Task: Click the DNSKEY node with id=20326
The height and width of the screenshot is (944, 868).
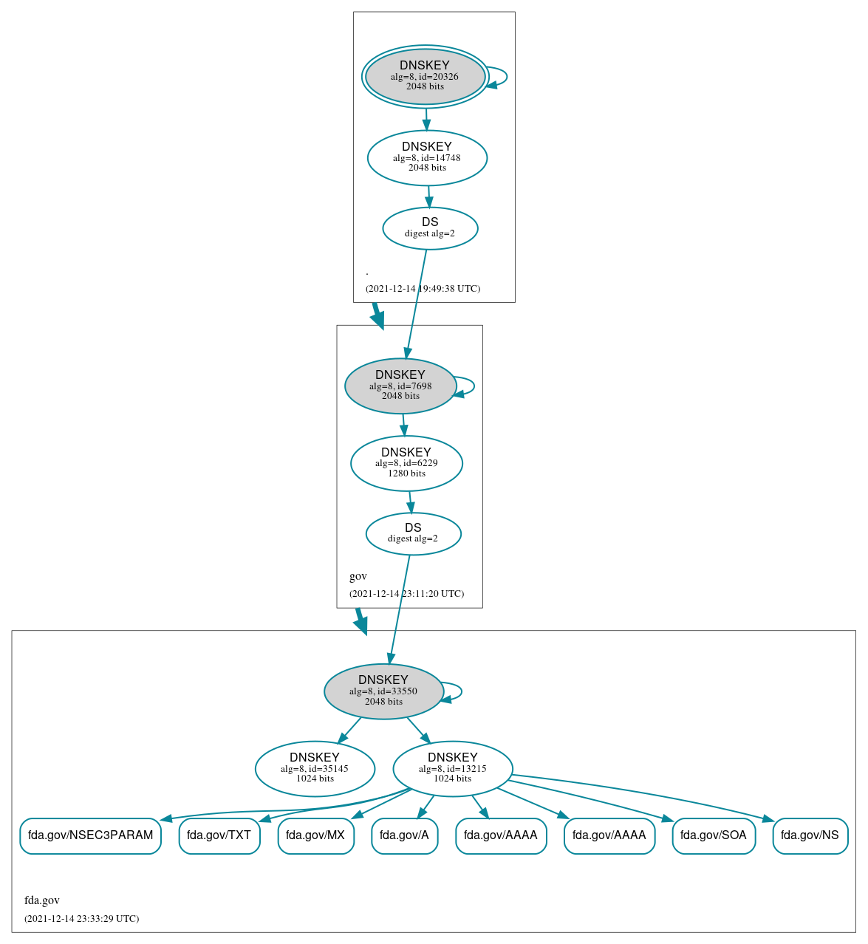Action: [425, 76]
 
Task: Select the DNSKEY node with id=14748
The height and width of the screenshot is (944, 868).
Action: [427, 157]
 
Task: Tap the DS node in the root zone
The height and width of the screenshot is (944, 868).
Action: [430, 228]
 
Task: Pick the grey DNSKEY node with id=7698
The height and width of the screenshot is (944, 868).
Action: [400, 386]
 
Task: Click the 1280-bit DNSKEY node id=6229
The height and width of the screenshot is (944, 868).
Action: [406, 463]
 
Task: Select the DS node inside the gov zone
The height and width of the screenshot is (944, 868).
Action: [413, 533]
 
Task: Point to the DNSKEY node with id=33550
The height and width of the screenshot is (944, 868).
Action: [383, 691]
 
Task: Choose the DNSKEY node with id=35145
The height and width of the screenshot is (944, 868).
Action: [315, 769]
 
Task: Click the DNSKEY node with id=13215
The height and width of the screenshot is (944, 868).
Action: [453, 769]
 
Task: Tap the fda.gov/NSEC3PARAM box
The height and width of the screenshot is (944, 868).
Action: [90, 835]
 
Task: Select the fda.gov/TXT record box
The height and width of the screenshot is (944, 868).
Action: [219, 835]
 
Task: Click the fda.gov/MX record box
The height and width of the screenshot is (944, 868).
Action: [315, 835]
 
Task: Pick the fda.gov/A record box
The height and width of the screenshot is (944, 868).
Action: [404, 835]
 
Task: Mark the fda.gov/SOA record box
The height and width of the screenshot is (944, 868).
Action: [714, 835]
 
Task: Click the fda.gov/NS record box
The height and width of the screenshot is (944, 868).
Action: [810, 835]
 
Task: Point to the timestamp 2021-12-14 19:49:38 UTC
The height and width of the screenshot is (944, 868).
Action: [423, 289]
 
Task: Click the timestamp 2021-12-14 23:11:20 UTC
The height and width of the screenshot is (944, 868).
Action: [406, 594]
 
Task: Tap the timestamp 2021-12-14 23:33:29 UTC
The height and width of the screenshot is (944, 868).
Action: [81, 919]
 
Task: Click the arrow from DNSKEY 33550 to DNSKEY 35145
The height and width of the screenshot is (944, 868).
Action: [349, 731]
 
